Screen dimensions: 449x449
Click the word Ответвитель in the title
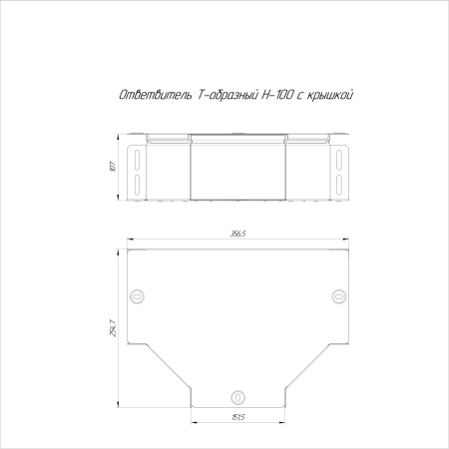[156, 95]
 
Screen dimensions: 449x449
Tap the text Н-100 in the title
[277, 95]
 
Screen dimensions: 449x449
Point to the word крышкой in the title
[329, 96]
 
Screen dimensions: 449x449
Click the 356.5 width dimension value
[237, 233]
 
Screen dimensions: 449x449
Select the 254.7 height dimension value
[113, 328]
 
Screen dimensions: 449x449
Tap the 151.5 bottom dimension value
[237, 417]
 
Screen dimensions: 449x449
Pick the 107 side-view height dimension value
[113, 167]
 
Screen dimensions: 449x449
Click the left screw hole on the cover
[137, 296]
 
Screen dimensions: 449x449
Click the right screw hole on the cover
[339, 296]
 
